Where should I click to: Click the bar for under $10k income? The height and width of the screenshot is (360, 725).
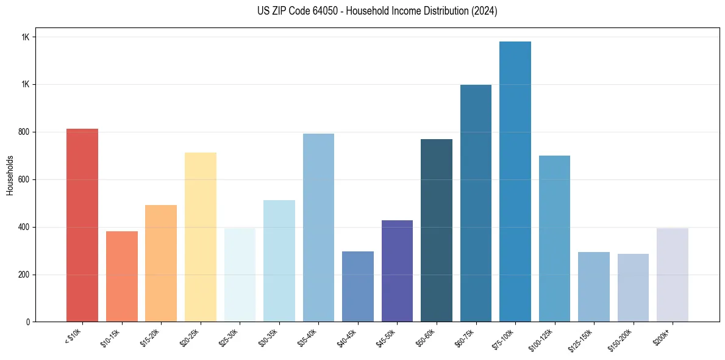click(x=82, y=225)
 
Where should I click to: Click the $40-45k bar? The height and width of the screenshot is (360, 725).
click(x=358, y=286)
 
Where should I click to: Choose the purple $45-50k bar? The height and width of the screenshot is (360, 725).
click(x=397, y=271)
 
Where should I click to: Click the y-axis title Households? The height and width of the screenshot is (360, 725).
click(x=10, y=175)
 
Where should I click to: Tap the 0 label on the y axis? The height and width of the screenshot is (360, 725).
click(x=28, y=322)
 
